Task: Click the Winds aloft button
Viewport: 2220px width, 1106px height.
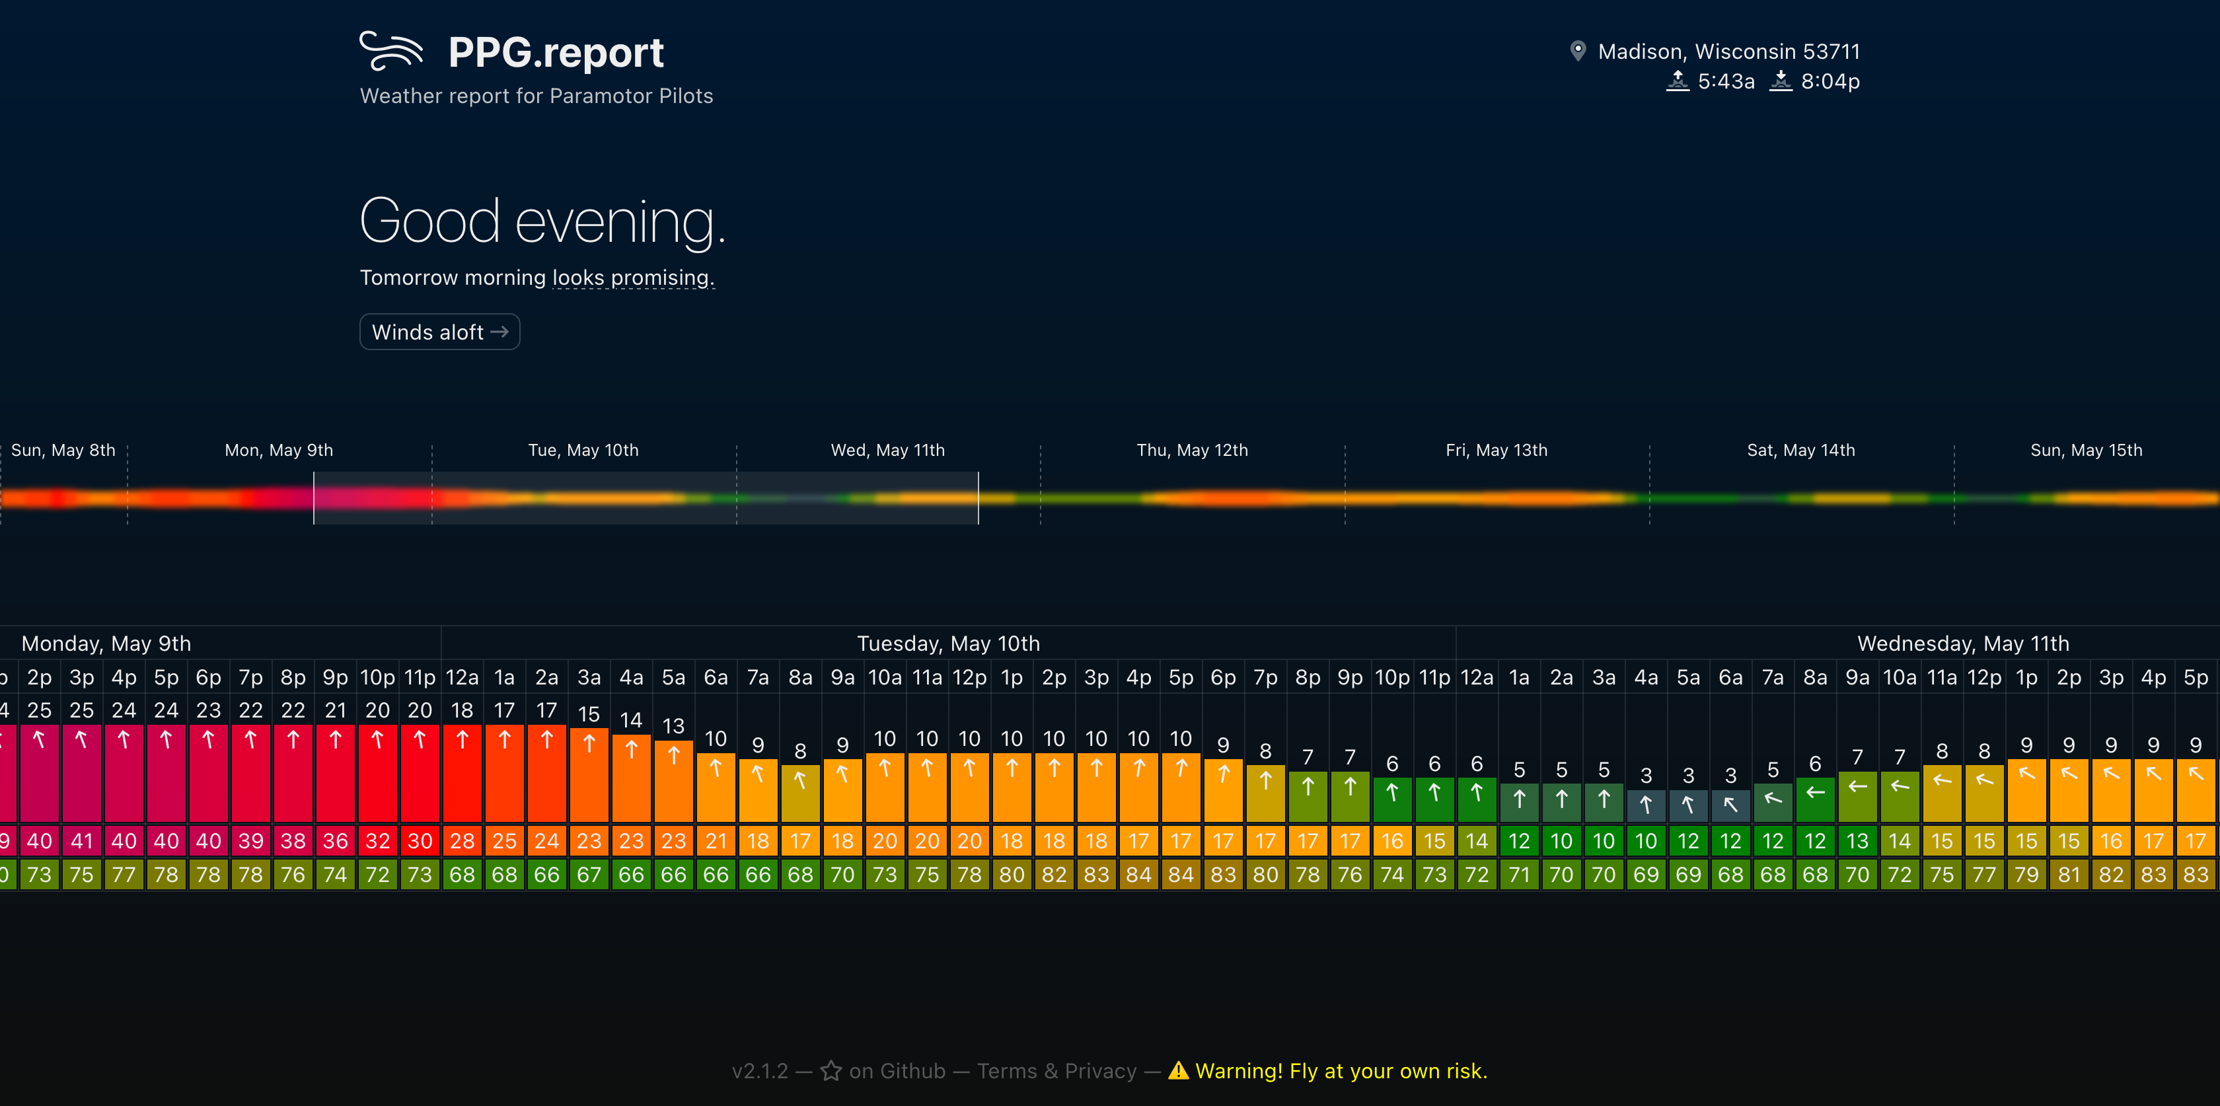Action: [x=439, y=332]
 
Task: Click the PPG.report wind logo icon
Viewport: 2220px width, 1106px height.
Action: [x=391, y=51]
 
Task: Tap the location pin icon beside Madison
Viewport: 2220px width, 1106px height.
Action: [x=1577, y=52]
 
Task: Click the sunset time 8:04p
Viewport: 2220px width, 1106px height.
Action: [x=1830, y=82]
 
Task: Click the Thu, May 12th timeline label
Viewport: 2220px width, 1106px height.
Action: [x=1192, y=450]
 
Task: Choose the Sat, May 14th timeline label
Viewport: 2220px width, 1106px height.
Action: [x=1800, y=450]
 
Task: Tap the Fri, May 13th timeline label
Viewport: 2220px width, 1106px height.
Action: [x=1496, y=450]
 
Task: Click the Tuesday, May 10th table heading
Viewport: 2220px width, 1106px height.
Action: [x=948, y=644]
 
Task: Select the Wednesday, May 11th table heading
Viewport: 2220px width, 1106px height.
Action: [x=1962, y=644]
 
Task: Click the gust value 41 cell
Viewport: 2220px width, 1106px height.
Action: [x=82, y=840]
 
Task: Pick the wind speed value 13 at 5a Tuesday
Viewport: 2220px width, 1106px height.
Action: [x=673, y=726]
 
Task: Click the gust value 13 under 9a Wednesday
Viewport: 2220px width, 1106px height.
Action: [x=1857, y=840]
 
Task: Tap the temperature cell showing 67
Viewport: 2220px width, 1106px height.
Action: [x=589, y=875]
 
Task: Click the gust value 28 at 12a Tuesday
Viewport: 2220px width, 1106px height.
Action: [x=462, y=840]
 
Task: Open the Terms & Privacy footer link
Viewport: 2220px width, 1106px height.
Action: [x=1056, y=1071]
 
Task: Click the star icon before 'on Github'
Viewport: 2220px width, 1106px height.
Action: [x=831, y=1071]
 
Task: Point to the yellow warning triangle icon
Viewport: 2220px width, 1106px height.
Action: [x=1178, y=1071]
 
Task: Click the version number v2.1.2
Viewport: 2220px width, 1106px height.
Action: [x=759, y=1071]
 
